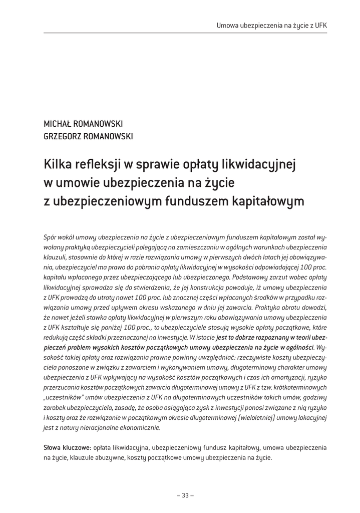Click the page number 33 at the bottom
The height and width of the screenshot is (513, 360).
(185, 495)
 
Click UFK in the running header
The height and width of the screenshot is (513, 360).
(321, 25)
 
